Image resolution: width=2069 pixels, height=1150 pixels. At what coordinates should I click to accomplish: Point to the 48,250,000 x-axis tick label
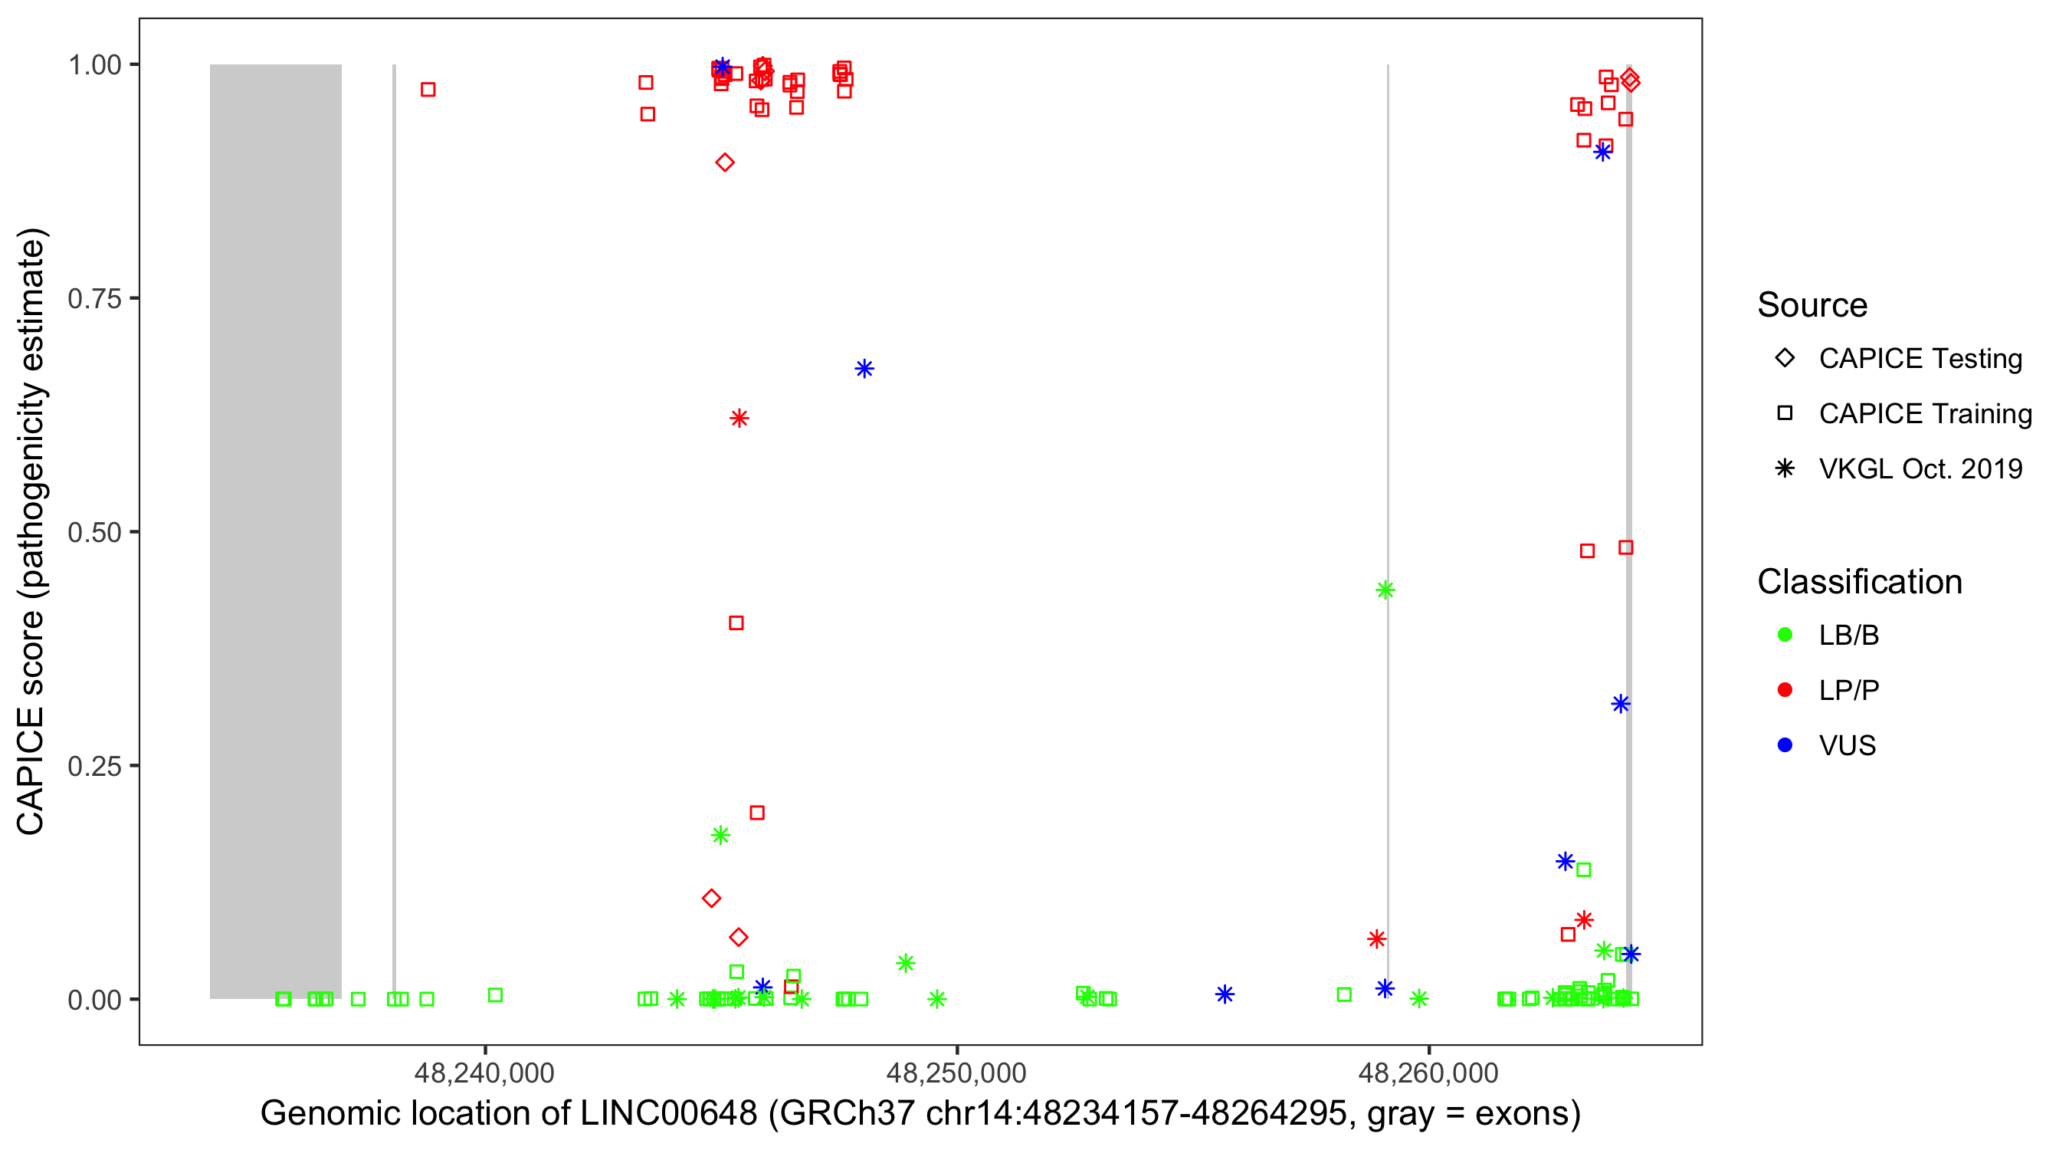click(x=956, y=1073)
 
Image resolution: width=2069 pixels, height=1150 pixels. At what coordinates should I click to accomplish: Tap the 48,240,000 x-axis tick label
click(x=484, y=1073)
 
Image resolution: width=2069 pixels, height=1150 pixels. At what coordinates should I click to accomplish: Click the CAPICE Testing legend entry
click(x=1920, y=359)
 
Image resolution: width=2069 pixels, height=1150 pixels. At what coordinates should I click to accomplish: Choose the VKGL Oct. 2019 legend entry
click(x=1920, y=468)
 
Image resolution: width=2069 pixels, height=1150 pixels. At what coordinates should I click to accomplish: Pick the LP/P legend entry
click(x=1848, y=690)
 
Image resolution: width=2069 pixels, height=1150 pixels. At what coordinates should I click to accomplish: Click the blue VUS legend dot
click(x=1785, y=745)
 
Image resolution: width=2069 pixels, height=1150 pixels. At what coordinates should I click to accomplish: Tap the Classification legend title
click(x=1858, y=582)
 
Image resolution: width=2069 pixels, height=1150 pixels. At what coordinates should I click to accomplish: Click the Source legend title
click(x=1812, y=305)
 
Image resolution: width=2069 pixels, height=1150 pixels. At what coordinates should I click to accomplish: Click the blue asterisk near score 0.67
click(x=864, y=369)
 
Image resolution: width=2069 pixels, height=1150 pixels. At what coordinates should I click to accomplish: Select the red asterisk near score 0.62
click(x=739, y=418)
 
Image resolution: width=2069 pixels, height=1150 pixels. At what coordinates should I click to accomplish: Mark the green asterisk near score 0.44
click(x=1385, y=590)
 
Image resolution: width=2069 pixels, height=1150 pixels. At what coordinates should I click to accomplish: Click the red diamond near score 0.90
click(x=724, y=163)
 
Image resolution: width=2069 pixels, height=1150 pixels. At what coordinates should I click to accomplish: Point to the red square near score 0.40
click(x=736, y=623)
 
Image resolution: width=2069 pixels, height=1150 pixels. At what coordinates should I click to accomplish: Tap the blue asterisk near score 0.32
click(x=1620, y=704)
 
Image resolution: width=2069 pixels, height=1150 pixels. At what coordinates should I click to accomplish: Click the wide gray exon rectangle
click(x=276, y=531)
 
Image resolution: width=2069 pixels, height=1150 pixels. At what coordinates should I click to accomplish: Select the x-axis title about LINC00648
click(x=920, y=1114)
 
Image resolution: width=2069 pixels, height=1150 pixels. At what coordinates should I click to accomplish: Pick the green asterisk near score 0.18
click(x=720, y=835)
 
